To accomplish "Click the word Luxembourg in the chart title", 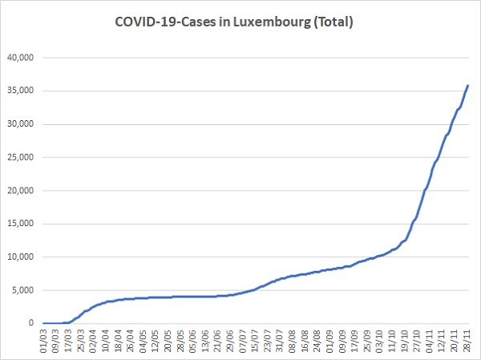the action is [x=272, y=22].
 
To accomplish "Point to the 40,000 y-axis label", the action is [x=20, y=58].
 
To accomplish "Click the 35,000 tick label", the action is [x=20, y=91].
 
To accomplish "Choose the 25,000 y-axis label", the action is [x=20, y=157].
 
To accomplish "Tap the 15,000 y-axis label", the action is [x=20, y=224].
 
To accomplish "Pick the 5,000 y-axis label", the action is [x=22, y=290].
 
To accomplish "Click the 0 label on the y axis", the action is [x=31, y=323].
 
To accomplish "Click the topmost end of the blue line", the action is [x=468, y=85].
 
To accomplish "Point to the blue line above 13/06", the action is [x=205, y=297].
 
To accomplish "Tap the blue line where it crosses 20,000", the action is [x=425, y=191].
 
